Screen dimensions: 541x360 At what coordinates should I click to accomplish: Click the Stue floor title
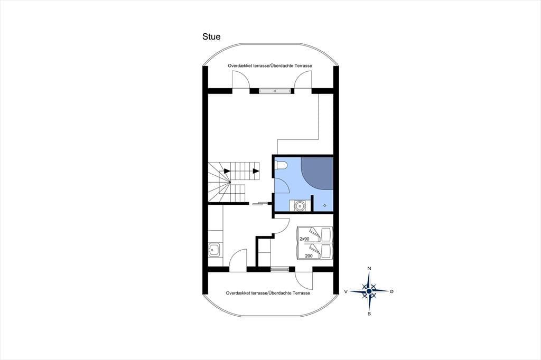[x=211, y=36]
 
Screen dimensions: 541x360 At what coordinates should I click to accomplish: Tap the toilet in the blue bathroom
[x=281, y=166]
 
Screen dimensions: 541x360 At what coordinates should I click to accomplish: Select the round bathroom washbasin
[x=300, y=206]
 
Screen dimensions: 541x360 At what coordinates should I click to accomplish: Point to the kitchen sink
[x=214, y=249]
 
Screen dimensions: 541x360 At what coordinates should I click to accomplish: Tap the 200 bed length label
[x=309, y=256]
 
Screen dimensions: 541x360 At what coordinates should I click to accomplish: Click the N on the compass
[x=369, y=268]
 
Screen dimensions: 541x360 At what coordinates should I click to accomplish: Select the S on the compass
[x=369, y=314]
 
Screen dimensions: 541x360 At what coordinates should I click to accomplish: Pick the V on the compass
[x=346, y=292]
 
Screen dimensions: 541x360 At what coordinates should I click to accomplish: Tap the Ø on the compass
[x=391, y=291]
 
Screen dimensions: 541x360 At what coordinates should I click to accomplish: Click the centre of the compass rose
[x=369, y=291]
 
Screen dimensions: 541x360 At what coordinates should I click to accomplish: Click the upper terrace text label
[x=270, y=65]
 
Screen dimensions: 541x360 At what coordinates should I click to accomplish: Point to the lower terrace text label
[x=268, y=293]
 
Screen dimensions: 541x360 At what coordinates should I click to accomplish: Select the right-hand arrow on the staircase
[x=256, y=170]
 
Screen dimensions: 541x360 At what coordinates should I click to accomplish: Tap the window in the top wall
[x=275, y=91]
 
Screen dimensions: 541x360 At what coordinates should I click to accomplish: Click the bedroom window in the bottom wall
[x=279, y=269]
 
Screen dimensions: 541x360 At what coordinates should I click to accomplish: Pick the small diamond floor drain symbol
[x=325, y=206]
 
